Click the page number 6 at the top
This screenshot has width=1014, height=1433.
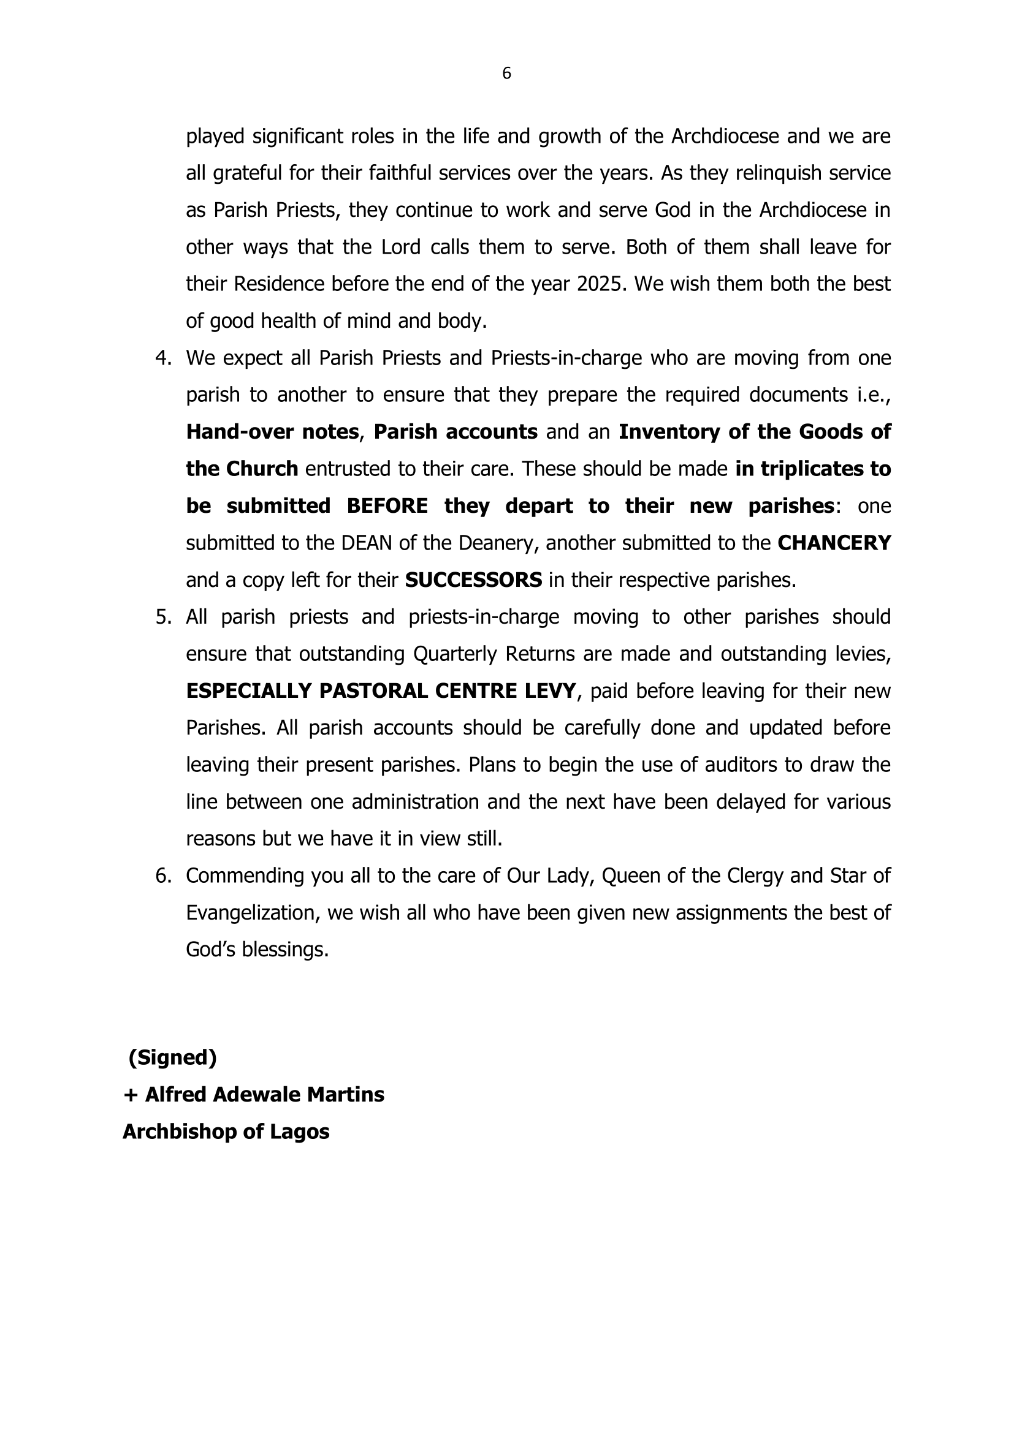pyautogui.click(x=506, y=74)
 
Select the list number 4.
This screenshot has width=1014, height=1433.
pyautogui.click(x=162, y=358)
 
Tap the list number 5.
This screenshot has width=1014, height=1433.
pyautogui.click(x=162, y=618)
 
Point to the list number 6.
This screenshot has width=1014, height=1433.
pyautogui.click(x=162, y=876)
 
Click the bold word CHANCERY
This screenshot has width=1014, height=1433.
pyautogui.click(x=834, y=543)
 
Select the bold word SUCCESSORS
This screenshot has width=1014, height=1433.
pyautogui.click(x=473, y=580)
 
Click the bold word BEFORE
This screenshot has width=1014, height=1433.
pyautogui.click(x=387, y=506)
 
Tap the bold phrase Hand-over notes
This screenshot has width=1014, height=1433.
pyautogui.click(x=272, y=432)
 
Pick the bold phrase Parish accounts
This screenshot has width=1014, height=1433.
pyautogui.click(x=455, y=432)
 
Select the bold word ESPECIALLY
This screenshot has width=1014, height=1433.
pyautogui.click(x=248, y=691)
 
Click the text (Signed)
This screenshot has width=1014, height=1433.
pyautogui.click(x=172, y=1058)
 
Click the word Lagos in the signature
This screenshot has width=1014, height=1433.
pyautogui.click(x=299, y=1132)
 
